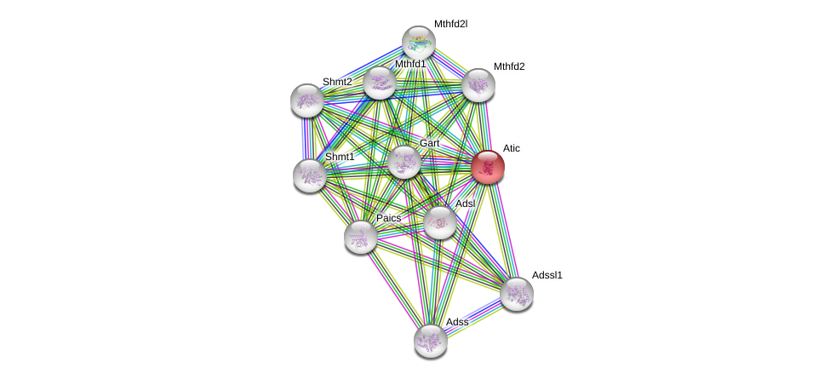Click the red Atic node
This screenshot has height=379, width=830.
pyautogui.click(x=488, y=167)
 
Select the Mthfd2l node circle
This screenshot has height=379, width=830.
pyautogui.click(x=419, y=43)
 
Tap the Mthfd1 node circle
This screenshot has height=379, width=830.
pyautogui.click(x=380, y=83)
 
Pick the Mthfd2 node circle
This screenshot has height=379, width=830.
pyautogui.click(x=478, y=85)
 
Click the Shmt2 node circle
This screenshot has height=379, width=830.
pyautogui.click(x=307, y=100)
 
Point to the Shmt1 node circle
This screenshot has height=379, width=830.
pyautogui.click(x=310, y=175)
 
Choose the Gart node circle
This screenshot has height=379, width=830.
pyautogui.click(x=404, y=162)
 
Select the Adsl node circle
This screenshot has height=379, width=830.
pyautogui.click(x=440, y=222)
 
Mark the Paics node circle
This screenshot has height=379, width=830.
pyautogui.click(x=361, y=237)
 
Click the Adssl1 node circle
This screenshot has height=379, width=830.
pyautogui.click(x=517, y=294)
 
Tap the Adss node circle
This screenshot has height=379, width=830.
pyautogui.click(x=431, y=341)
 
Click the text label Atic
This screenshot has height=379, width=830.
pyautogui.click(x=511, y=148)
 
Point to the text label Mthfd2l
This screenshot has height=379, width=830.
pyautogui.click(x=450, y=24)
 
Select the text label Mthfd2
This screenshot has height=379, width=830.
pyautogui.click(x=509, y=66)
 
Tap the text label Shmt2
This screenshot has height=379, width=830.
pyautogui.click(x=337, y=82)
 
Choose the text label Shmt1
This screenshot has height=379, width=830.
pyautogui.click(x=340, y=157)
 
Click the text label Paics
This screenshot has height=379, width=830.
pyautogui.click(x=388, y=218)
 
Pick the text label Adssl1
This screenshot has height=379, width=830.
pyautogui.click(x=547, y=275)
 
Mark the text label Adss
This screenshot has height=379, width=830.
pyautogui.click(x=457, y=322)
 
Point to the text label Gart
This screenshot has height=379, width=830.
pyautogui.click(x=429, y=143)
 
